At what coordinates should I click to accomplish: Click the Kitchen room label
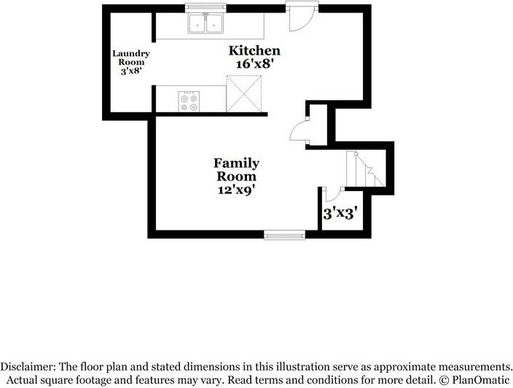pyautogui.click(x=254, y=51)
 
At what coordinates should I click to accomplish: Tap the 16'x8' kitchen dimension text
pyautogui.click(x=254, y=63)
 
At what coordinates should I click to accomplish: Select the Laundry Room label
pyautogui.click(x=131, y=58)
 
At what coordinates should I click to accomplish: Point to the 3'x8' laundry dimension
pyautogui.click(x=131, y=71)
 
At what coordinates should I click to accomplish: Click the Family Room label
pyautogui.click(x=236, y=170)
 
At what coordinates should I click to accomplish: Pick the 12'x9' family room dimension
pyautogui.click(x=236, y=190)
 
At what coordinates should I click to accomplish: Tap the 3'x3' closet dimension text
pyautogui.click(x=340, y=214)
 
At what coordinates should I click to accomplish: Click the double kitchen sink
pyautogui.click(x=205, y=23)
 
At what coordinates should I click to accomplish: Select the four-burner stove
pyautogui.click(x=189, y=101)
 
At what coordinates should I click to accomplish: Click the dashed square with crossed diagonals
pyautogui.click(x=243, y=93)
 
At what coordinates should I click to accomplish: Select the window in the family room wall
pyautogui.click(x=285, y=235)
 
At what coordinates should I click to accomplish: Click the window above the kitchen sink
pyautogui.click(x=205, y=8)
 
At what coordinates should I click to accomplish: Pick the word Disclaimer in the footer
pyautogui.click(x=26, y=366)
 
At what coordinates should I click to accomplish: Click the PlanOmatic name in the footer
pyautogui.click(x=481, y=380)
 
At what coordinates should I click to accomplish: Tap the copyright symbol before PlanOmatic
pyautogui.click(x=445, y=380)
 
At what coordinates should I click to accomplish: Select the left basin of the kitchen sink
pyautogui.click(x=197, y=23)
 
